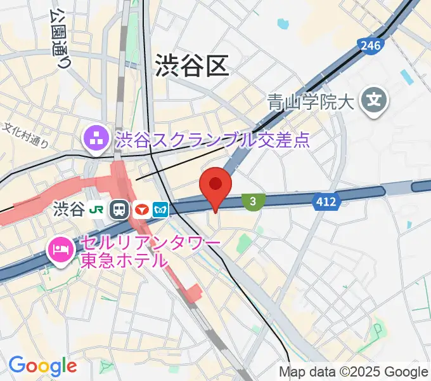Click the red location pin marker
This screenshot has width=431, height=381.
[215, 186]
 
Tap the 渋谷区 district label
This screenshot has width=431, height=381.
[191, 65]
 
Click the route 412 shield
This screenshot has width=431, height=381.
[327, 202]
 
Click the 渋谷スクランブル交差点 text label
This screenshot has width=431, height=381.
[212, 140]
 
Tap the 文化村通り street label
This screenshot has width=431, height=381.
[26, 135]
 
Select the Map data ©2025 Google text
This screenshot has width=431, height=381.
[354, 371]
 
